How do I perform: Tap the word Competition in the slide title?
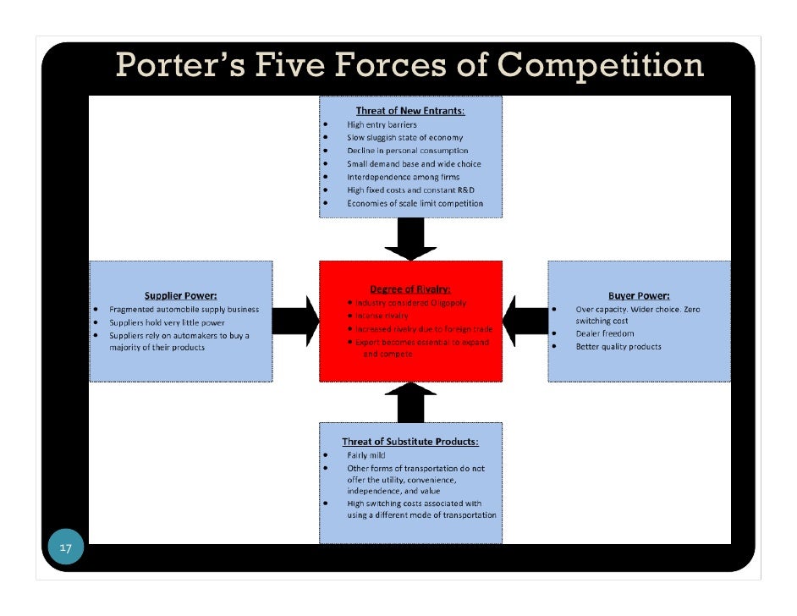600,65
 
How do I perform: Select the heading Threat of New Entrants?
409,111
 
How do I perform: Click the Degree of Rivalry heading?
409,289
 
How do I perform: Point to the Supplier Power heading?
180,295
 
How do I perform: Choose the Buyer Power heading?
639,295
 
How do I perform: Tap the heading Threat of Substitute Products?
409,442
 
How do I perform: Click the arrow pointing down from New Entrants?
410,239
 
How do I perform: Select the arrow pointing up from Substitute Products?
410,401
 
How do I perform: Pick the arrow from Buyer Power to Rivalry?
525,321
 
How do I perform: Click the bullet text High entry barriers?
382,124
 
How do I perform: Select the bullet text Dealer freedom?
604,333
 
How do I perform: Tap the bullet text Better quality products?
618,346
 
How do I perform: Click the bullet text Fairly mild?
366,455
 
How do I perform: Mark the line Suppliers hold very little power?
167,322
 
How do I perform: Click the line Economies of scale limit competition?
415,203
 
